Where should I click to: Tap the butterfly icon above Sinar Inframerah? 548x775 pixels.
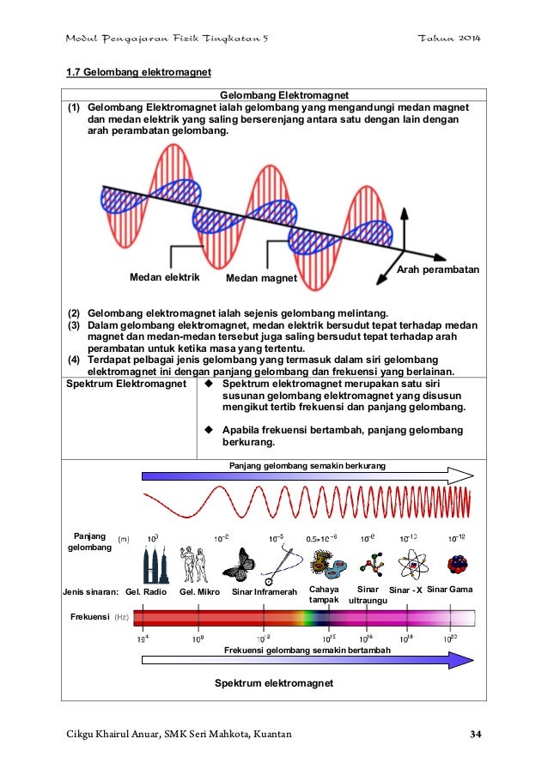coord(239,564)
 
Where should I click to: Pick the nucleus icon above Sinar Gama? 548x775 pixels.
coord(457,564)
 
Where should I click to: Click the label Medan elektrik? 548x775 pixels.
coord(164,277)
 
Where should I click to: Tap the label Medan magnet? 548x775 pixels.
coord(261,279)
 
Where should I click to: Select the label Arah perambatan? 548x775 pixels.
coord(438,270)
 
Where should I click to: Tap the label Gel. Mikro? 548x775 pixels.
coord(199,592)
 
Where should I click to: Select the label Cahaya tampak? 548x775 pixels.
coord(325,595)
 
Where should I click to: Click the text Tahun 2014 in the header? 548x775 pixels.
coord(449,39)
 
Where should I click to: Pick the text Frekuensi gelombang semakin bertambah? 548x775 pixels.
coord(307,651)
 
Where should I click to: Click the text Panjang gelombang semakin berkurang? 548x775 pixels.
coord(307,464)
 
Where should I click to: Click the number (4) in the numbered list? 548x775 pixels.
coord(75,360)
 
